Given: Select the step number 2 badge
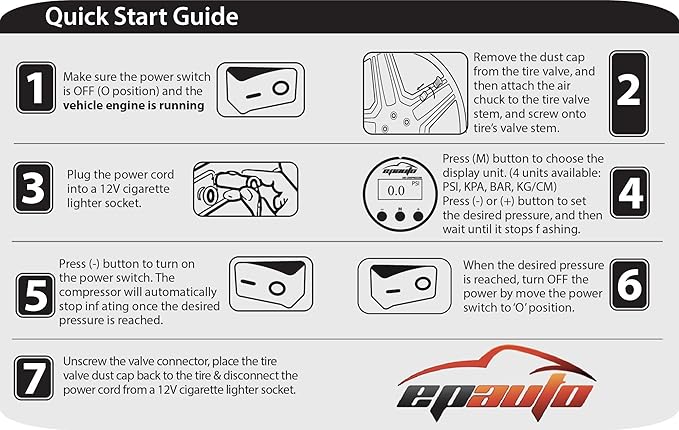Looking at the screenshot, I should pos(627,90).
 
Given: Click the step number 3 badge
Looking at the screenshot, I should pos(36,186).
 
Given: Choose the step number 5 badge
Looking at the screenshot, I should pos(36,291).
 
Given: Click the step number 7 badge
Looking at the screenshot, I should pos(36,377).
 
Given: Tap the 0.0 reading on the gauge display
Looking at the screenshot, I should pos(395,188).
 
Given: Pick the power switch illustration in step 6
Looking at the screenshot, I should pos(404,285).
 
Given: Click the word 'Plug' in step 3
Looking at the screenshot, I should pos(81,172).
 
